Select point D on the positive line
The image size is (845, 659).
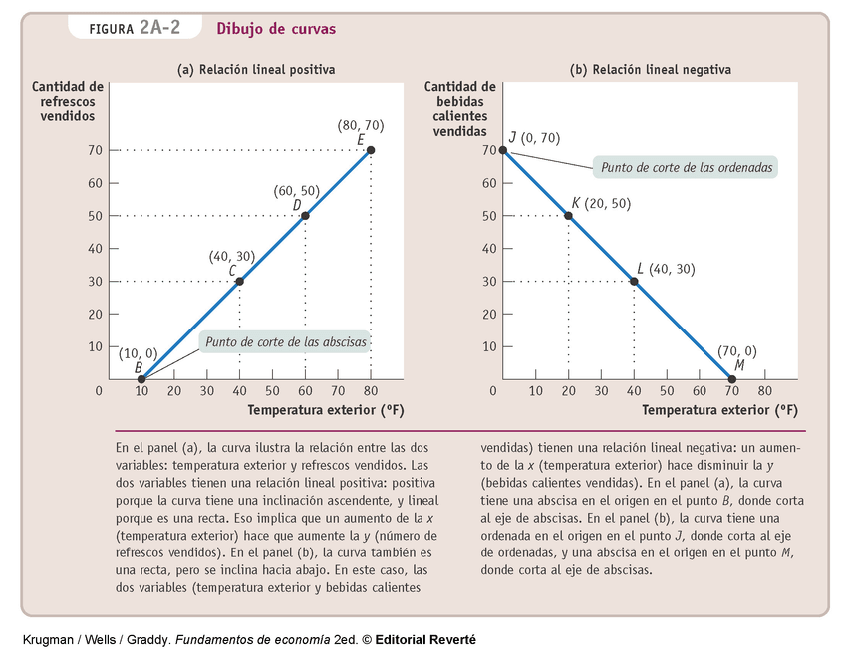305,216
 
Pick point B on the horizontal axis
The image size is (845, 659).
141,379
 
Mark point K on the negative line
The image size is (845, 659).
569,216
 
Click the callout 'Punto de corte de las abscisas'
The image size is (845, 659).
286,342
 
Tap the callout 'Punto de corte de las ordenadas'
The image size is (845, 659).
685,167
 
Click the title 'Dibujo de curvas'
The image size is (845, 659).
276,29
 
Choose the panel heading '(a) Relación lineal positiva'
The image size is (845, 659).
256,70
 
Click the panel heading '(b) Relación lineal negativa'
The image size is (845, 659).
651,70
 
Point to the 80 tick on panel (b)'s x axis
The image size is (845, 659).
765,391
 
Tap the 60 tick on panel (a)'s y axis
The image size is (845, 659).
97,183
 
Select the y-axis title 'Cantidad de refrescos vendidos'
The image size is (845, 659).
68,101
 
